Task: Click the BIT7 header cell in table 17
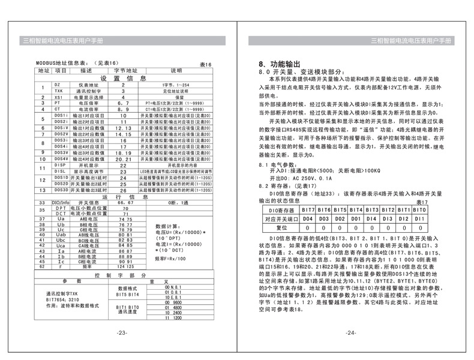[x=308, y=210]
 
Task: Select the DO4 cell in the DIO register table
[x=308, y=219]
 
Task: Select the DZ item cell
[x=59, y=85]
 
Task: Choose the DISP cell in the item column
[x=59, y=164]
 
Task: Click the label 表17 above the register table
[x=419, y=203]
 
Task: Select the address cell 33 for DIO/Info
[x=43, y=203]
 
